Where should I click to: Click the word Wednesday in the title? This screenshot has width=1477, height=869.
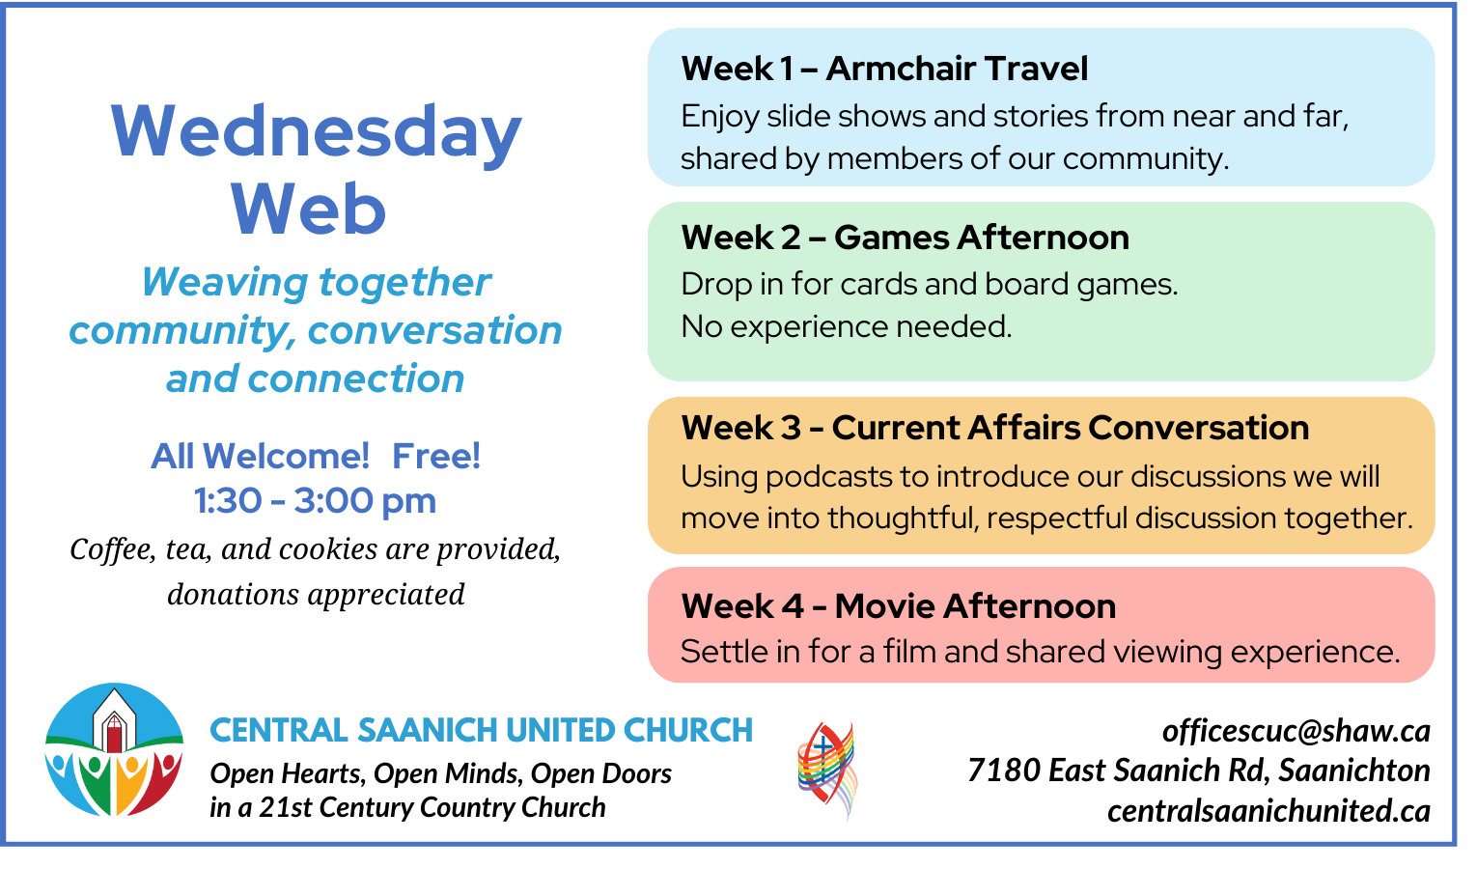click(x=316, y=132)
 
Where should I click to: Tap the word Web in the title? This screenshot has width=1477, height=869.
click(x=308, y=210)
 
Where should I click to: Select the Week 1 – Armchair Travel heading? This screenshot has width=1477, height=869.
click(x=883, y=69)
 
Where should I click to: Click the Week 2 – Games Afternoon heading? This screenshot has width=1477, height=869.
click(x=905, y=238)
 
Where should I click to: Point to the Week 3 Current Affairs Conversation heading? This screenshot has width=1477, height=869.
click(x=994, y=428)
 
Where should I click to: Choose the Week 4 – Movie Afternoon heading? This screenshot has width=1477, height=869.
click(x=898, y=606)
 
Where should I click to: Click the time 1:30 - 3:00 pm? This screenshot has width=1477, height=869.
click(x=315, y=501)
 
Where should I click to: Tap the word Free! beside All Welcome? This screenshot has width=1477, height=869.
click(x=435, y=456)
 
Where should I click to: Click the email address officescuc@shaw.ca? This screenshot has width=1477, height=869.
click(x=1296, y=731)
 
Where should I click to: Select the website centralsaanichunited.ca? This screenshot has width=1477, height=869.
click(x=1268, y=811)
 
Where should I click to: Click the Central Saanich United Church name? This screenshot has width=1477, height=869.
click(x=481, y=730)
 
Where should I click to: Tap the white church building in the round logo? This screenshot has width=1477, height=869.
click(x=115, y=717)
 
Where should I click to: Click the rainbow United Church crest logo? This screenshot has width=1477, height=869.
click(x=826, y=770)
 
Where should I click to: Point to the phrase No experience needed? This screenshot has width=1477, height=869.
click(x=846, y=327)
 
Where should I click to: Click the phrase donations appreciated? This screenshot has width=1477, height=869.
click(x=316, y=595)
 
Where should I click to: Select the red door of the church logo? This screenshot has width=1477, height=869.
click(x=115, y=739)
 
